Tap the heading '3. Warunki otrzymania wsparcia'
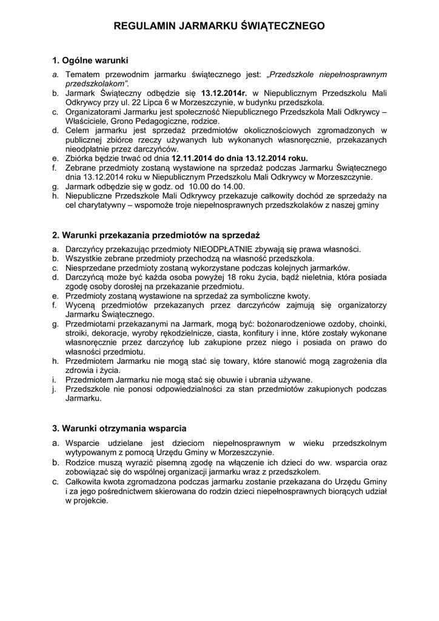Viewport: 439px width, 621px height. tap(119, 428)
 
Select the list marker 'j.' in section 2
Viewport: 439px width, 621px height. tap(54, 389)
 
